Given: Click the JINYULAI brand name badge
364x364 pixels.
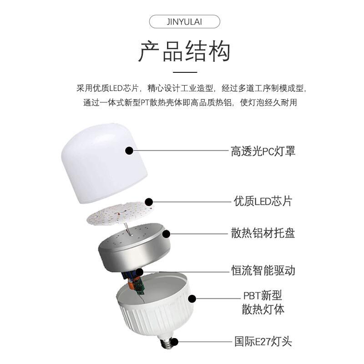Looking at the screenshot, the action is point(184,21).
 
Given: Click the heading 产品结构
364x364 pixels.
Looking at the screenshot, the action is point(185,51).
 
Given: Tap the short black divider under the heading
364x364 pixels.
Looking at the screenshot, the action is point(185,72).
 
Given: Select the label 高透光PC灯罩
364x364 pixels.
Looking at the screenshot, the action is point(263,151).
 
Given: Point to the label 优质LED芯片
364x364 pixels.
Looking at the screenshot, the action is point(263,201).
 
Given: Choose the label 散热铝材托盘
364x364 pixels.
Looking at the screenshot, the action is point(263,233).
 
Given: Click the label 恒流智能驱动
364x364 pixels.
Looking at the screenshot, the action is point(263,270).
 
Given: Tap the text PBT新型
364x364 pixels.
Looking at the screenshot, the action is point(263,295).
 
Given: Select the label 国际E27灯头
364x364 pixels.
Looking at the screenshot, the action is point(263,342).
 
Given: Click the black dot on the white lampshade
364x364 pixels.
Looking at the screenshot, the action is point(129,151).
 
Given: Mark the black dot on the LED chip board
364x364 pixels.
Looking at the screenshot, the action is point(149,202).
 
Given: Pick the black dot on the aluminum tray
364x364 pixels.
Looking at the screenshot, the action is point(166,234).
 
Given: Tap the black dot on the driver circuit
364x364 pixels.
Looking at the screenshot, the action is point(139,272).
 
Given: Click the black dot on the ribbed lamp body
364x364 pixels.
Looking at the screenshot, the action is point(192,299).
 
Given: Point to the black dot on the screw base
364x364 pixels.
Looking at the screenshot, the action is point(174,342).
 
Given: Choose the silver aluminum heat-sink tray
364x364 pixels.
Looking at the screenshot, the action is point(134,247).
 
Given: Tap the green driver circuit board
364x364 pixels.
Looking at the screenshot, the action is point(140,286).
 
